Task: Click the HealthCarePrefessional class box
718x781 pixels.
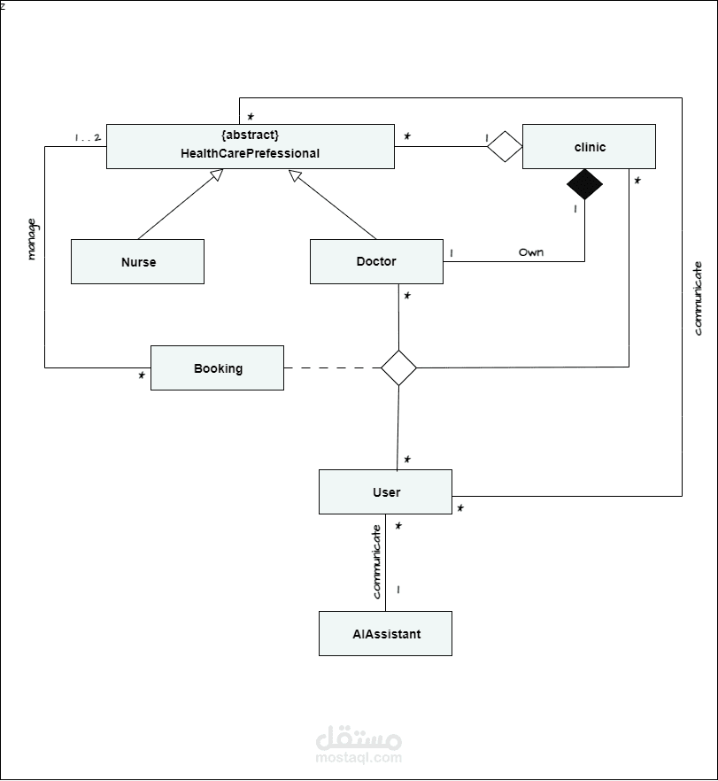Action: (x=251, y=146)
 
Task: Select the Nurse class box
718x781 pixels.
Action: (x=137, y=261)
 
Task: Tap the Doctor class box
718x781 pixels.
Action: (x=376, y=261)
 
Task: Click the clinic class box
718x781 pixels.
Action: (x=589, y=146)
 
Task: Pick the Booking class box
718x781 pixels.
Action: (x=217, y=367)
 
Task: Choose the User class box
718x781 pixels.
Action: (x=385, y=491)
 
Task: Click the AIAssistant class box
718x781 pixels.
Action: (x=385, y=634)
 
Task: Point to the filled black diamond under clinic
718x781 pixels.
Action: (x=584, y=184)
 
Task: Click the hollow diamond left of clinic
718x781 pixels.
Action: (x=505, y=146)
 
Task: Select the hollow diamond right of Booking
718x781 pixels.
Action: (x=398, y=367)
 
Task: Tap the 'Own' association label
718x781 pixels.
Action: (x=531, y=252)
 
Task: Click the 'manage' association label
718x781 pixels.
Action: (x=32, y=240)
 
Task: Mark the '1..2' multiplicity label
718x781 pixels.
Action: (x=88, y=137)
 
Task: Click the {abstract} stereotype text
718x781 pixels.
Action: (x=250, y=135)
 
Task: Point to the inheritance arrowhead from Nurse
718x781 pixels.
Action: (x=216, y=174)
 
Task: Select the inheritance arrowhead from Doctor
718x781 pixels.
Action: (x=296, y=175)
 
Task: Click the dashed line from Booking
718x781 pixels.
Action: (x=333, y=367)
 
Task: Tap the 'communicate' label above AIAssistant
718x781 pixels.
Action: (x=376, y=561)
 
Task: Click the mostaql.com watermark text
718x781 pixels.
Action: (x=359, y=758)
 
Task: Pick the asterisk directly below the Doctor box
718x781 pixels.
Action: (x=407, y=296)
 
